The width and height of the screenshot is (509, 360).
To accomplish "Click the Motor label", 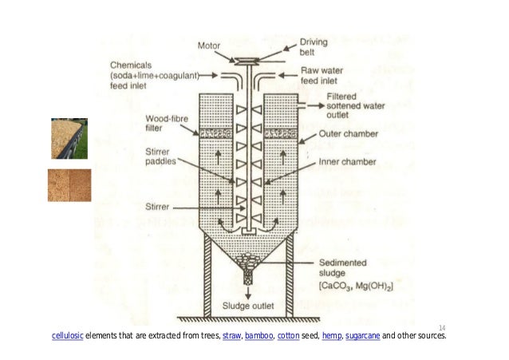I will click(209, 45).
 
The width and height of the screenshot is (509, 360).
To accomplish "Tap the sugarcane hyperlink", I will click(363, 335).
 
